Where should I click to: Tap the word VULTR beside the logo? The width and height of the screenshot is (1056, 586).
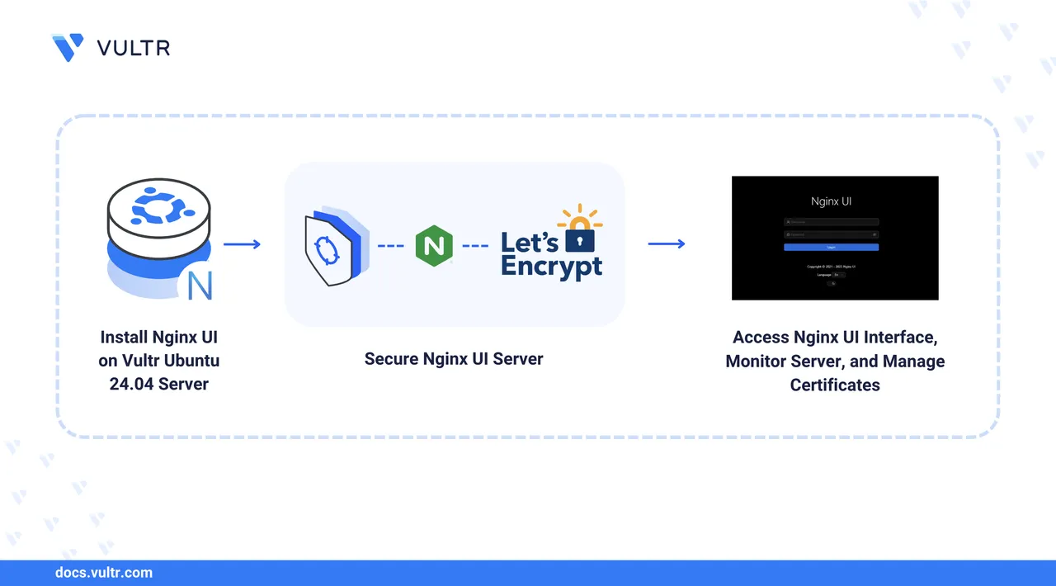133,48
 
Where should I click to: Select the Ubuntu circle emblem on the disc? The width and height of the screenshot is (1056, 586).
158,206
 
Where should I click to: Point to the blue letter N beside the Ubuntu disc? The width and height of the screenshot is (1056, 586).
200,285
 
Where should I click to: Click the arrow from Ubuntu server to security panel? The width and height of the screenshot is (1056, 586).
242,243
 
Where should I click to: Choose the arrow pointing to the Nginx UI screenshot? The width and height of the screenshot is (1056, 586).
666,243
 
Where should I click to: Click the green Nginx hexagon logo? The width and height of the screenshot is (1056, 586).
434,245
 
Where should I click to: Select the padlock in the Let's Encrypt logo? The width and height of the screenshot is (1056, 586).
580,239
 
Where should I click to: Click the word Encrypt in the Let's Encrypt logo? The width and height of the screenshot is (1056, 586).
551,266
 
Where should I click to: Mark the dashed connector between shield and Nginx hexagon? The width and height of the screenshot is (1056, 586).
391,245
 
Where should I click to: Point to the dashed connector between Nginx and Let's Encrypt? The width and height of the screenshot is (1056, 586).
475,245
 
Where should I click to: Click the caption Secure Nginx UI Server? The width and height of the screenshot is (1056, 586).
454,359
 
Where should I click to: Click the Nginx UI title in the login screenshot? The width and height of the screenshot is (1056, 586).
831,201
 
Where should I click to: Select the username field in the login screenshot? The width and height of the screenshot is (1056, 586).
831,222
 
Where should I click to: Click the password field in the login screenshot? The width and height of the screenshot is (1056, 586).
831,234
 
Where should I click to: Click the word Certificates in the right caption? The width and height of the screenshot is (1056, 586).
835,385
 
